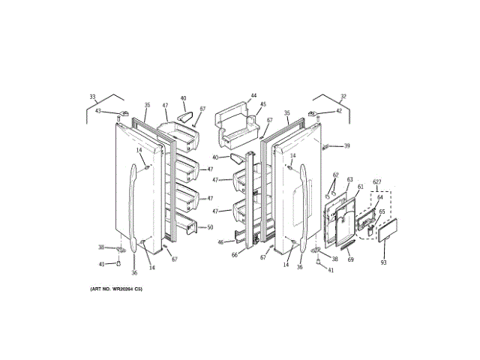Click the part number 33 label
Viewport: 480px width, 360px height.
tap(92, 97)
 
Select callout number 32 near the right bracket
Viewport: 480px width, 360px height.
tap(343, 97)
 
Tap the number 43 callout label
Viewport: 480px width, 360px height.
tap(97, 111)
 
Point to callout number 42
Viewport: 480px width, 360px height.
tap(338, 111)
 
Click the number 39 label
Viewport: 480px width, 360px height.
tap(346, 145)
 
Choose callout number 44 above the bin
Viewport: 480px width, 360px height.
tap(253, 96)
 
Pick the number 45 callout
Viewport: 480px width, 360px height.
tap(262, 105)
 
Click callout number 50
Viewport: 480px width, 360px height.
tap(210, 227)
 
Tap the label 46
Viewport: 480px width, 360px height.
tap(220, 241)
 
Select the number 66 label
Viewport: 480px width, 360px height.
tap(235, 256)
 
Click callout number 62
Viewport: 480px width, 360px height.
tap(336, 175)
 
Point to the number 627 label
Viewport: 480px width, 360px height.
tap(376, 182)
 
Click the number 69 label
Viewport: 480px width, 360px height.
tap(350, 259)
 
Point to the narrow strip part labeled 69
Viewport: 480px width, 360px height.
tap(347, 245)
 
